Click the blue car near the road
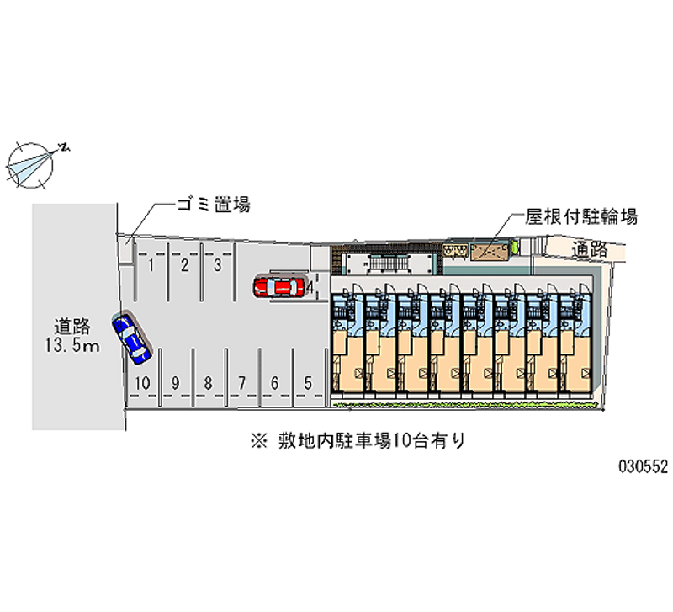click(130, 338)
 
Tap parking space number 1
click(151, 266)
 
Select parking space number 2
click(184, 266)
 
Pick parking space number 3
click(217, 266)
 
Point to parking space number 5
click(309, 383)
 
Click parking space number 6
click(275, 383)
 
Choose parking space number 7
click(241, 383)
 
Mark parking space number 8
click(208, 383)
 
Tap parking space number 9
click(175, 383)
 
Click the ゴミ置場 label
click(213, 205)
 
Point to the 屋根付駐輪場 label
click(581, 216)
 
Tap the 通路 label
click(590, 248)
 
